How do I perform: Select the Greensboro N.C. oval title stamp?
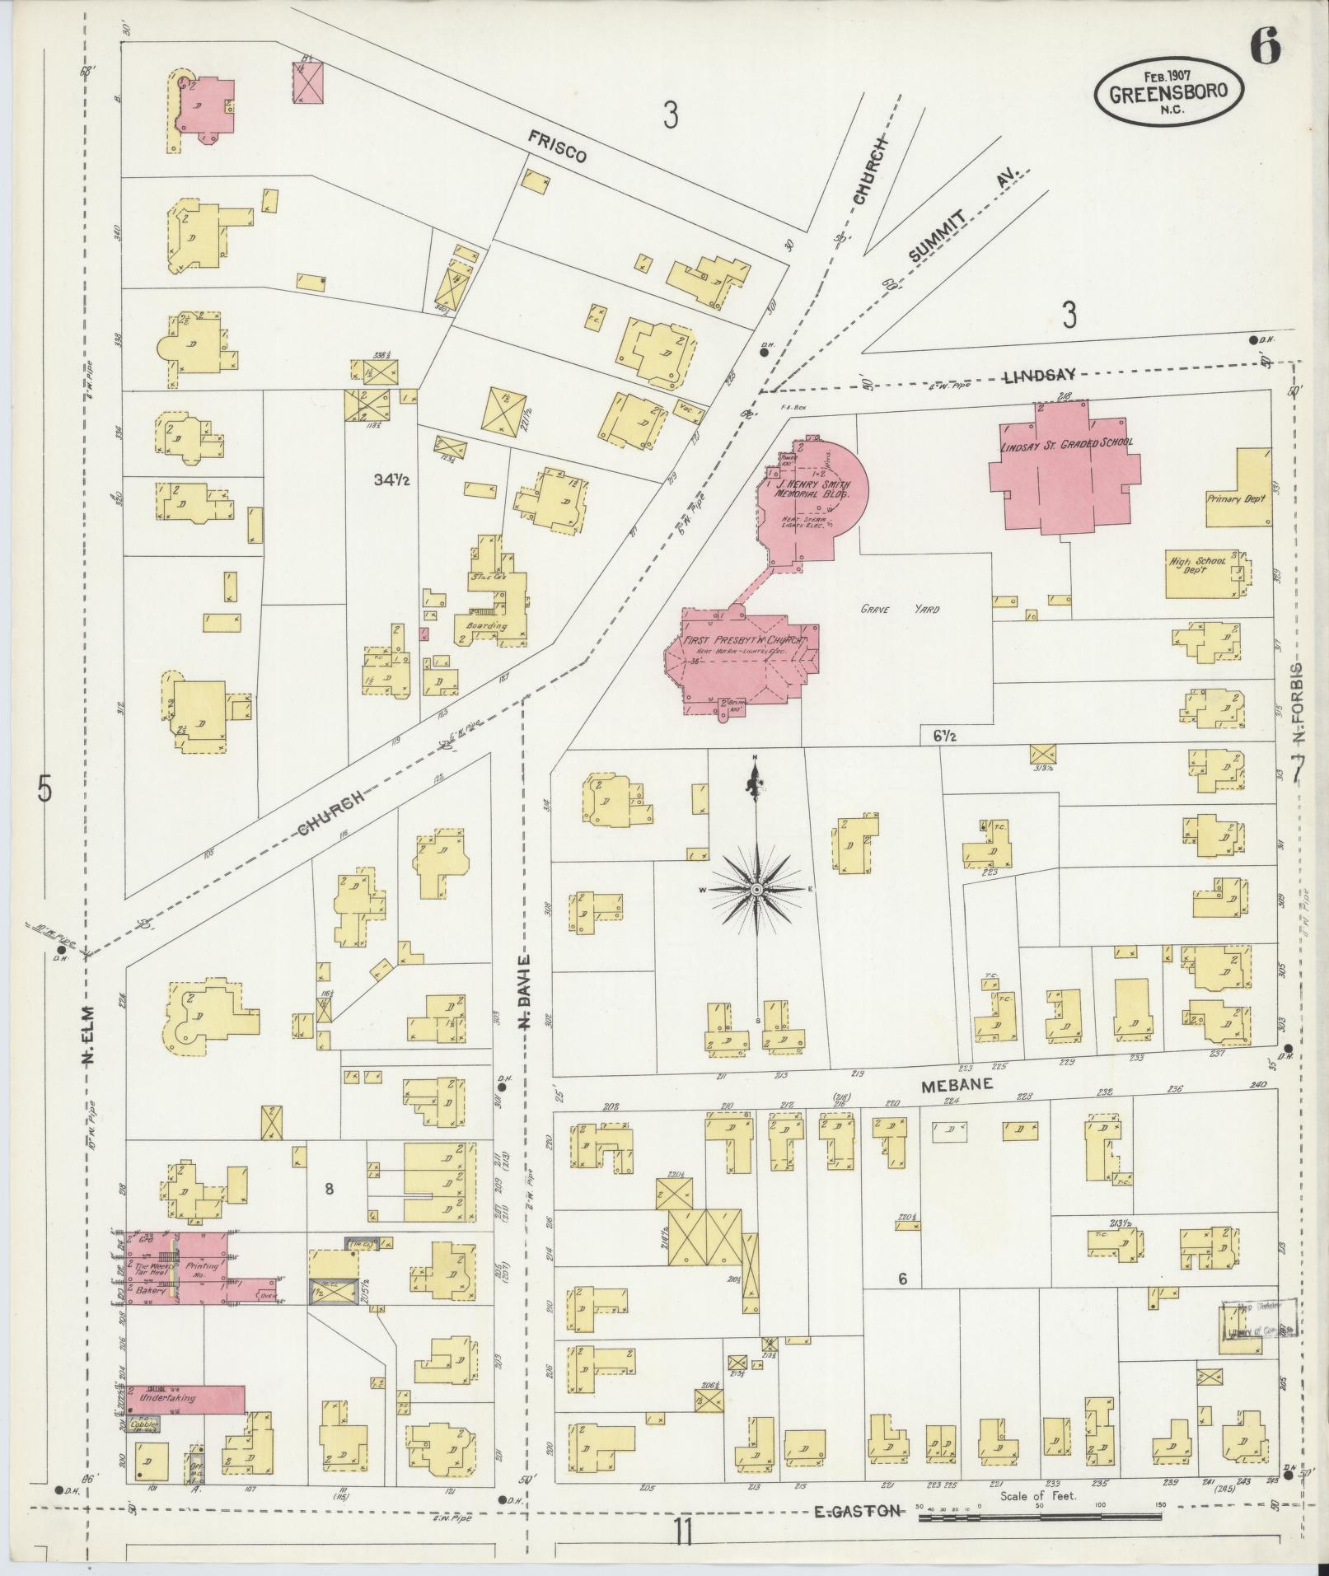1169,94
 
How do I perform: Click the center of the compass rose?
756,889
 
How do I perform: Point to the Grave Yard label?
900,610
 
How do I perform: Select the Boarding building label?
486,625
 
